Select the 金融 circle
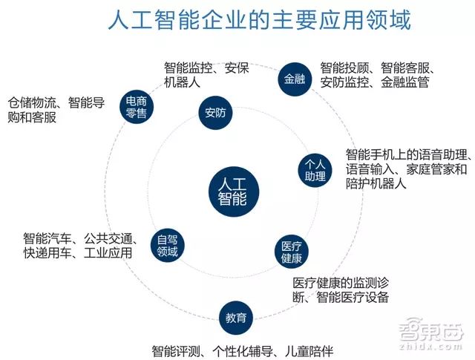tap(294, 79)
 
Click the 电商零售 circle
tap(135, 105)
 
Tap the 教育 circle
tap(235, 318)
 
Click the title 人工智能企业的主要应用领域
tap(258, 20)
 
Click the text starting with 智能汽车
tap(79, 246)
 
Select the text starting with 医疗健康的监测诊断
tap(340, 290)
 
